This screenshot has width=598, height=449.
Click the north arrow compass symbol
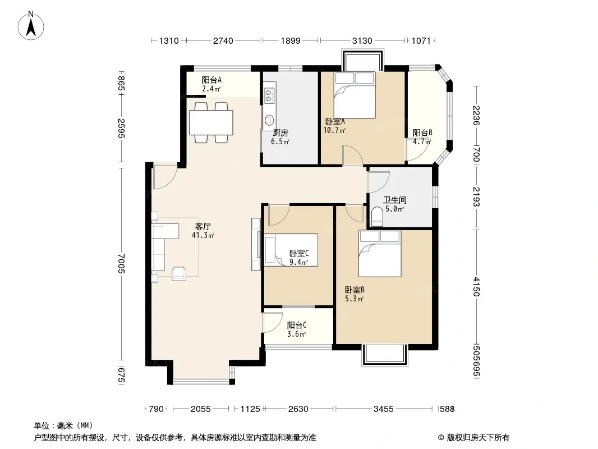coord(31,26)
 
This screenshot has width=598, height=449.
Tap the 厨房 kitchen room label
coord(280,133)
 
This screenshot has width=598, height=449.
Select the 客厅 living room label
coord(203,227)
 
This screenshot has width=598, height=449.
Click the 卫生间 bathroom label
coord(395,200)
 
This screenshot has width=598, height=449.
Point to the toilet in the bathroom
coord(377,217)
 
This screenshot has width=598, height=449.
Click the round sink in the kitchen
coord(269,120)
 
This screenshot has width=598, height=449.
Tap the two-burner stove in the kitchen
coord(269,95)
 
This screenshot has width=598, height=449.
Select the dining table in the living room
coord(211,122)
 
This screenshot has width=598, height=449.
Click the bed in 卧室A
coord(355,95)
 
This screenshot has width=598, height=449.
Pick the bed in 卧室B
coord(380,253)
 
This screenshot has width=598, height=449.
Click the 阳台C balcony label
coord(297,326)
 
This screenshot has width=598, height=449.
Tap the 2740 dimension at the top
coord(223,40)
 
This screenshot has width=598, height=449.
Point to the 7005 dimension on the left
coord(121,264)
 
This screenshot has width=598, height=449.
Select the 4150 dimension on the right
coord(476,286)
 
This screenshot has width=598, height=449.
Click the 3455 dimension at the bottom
coord(383,409)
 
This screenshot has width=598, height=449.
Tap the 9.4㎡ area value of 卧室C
coord(298,262)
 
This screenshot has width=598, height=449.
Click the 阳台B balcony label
coord(422,133)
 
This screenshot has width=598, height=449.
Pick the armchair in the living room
coord(179,273)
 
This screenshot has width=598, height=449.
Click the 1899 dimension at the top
coord(291,40)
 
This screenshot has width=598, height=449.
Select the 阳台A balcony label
coord(211,80)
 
